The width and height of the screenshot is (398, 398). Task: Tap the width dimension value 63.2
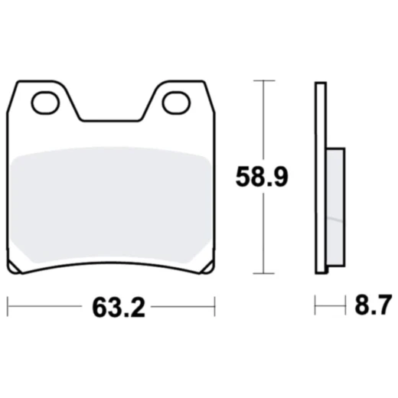pos(113,308)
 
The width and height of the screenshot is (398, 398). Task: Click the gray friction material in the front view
pos(112,203)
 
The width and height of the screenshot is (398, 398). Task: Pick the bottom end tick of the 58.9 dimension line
pos(263,273)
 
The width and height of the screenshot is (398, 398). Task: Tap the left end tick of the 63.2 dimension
pos(8,308)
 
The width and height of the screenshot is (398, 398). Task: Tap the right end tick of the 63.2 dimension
pos(215,308)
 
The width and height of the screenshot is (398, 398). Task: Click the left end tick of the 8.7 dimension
pos(315,308)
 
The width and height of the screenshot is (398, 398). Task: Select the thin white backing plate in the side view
pos(321,176)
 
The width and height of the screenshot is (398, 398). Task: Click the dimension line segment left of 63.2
pos(46,308)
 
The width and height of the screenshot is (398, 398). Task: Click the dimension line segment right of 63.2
pos(180,308)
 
